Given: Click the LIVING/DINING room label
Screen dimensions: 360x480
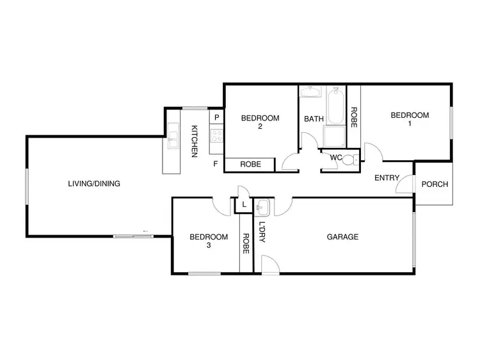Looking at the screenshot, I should (x=94, y=184).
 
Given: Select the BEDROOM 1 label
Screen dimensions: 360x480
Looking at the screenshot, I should (x=410, y=120).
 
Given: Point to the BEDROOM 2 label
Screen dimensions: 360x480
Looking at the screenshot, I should (x=260, y=122).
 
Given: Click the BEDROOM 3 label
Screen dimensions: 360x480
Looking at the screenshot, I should (x=209, y=241).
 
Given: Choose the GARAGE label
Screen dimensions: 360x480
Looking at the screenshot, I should (x=342, y=237).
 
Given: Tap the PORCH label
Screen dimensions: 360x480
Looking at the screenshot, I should (x=435, y=184).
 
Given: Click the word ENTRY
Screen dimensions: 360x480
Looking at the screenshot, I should (x=387, y=178).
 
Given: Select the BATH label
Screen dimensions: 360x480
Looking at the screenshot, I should (x=314, y=119).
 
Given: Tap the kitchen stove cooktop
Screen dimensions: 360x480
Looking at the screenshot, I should (x=216, y=136).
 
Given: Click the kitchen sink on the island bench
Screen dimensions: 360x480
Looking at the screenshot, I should (x=173, y=138).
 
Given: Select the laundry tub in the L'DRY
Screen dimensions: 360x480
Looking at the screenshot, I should (x=263, y=208).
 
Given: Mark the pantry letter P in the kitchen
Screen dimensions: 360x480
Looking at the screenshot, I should (x=217, y=118).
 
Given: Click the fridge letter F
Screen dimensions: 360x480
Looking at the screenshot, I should (x=216, y=164).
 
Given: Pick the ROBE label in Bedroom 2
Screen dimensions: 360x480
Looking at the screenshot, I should (x=250, y=165).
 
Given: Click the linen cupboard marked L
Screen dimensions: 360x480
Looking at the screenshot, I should (x=243, y=206).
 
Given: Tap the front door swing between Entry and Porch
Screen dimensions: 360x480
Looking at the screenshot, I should (x=404, y=185).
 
